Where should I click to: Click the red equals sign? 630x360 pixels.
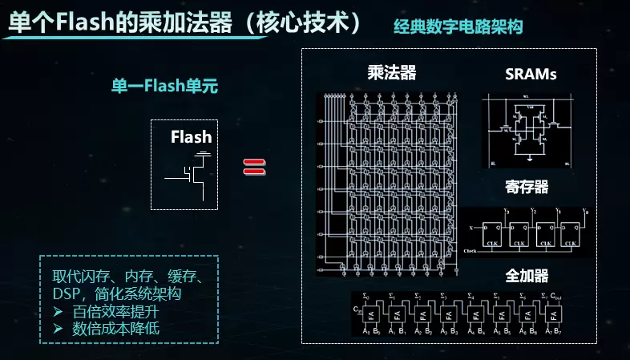(254, 167)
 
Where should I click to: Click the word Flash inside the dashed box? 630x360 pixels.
(191, 137)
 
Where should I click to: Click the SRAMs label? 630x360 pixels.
(531, 75)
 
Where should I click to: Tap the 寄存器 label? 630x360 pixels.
(527, 187)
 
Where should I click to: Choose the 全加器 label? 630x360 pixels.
(527, 275)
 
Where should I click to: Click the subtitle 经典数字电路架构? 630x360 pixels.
(458, 26)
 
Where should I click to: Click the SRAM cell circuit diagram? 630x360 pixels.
(528, 129)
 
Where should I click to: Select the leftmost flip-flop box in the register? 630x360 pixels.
(490, 231)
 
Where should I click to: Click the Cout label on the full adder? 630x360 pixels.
(559, 298)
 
